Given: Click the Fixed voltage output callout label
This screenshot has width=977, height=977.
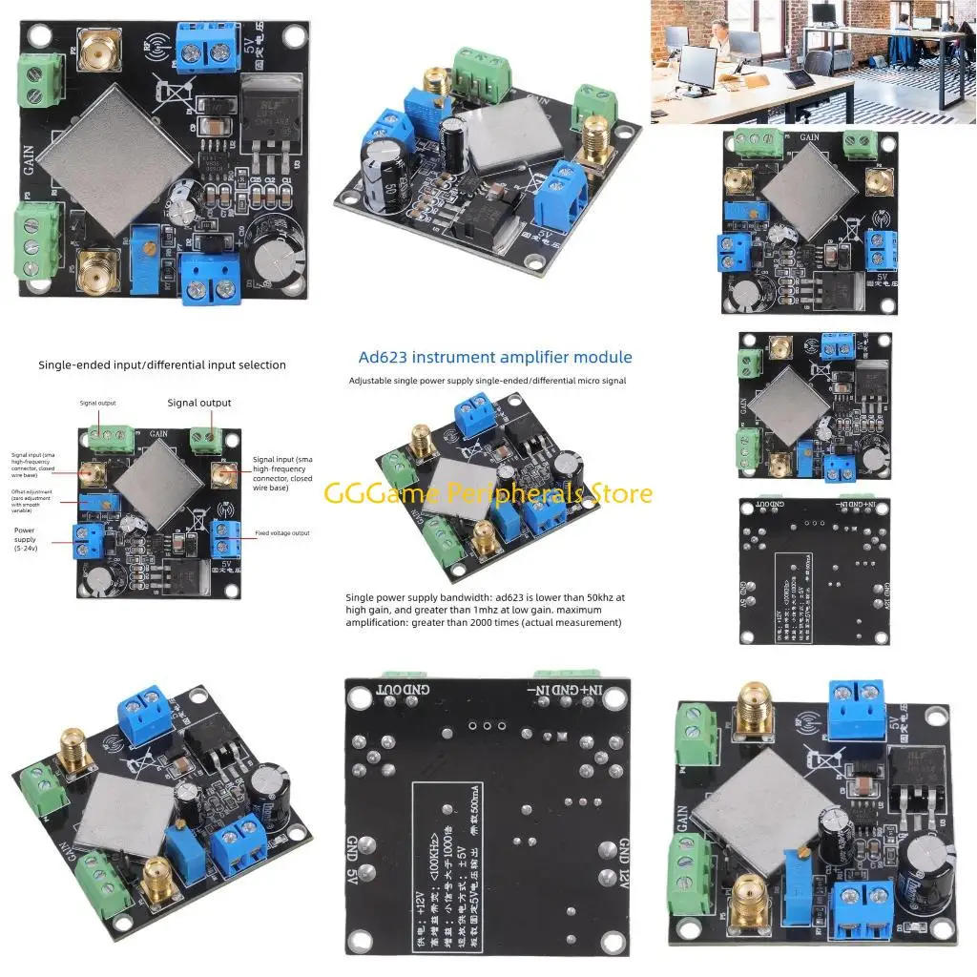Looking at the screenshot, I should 281,533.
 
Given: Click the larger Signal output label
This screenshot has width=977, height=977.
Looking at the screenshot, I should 199,403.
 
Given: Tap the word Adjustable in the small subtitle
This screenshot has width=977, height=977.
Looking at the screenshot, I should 368,381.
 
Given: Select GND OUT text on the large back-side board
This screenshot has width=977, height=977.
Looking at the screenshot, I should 398,689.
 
